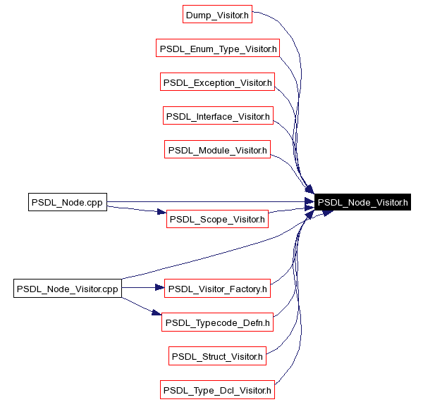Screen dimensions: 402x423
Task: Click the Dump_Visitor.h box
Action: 216,15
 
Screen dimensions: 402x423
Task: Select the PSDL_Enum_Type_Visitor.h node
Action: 217,49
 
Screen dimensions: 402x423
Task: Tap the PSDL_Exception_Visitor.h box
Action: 217,82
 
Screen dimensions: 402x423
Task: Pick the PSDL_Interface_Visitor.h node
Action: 217,116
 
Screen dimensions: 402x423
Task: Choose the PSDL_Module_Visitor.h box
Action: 217,150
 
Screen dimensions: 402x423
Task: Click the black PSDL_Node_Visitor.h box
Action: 362,203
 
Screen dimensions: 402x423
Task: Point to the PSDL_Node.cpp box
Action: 67,203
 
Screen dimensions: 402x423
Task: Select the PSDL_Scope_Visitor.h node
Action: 217,220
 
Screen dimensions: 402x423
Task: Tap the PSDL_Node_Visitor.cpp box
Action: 67,288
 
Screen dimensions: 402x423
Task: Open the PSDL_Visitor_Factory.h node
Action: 217,288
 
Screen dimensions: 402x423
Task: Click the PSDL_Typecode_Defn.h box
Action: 217,322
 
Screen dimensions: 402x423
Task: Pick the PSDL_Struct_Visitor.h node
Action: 217,356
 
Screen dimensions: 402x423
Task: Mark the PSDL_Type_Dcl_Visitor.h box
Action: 217,390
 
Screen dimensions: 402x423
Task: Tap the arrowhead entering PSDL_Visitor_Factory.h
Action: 159,288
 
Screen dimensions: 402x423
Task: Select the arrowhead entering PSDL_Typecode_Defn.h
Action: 157,315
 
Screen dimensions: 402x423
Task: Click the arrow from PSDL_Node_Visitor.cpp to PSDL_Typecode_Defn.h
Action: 137,305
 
